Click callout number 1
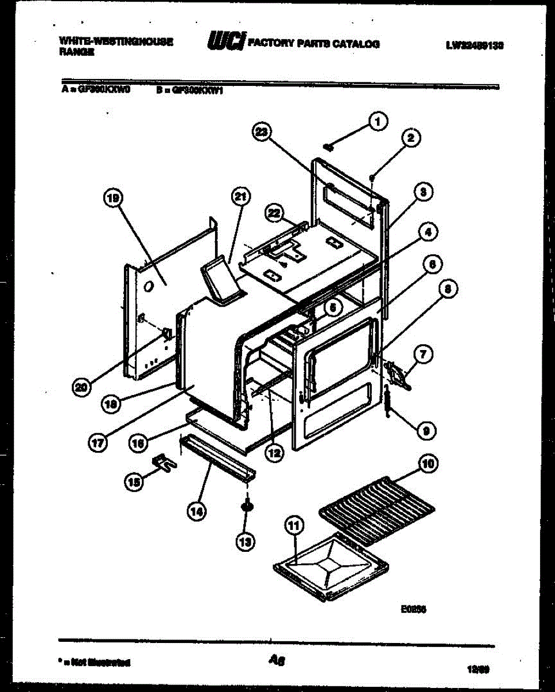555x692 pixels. click(x=378, y=122)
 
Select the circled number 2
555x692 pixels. click(x=410, y=138)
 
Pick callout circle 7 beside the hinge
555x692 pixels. click(x=422, y=355)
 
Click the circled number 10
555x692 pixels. click(x=429, y=463)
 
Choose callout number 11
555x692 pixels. click(x=294, y=525)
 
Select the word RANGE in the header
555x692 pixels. click(x=71, y=51)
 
